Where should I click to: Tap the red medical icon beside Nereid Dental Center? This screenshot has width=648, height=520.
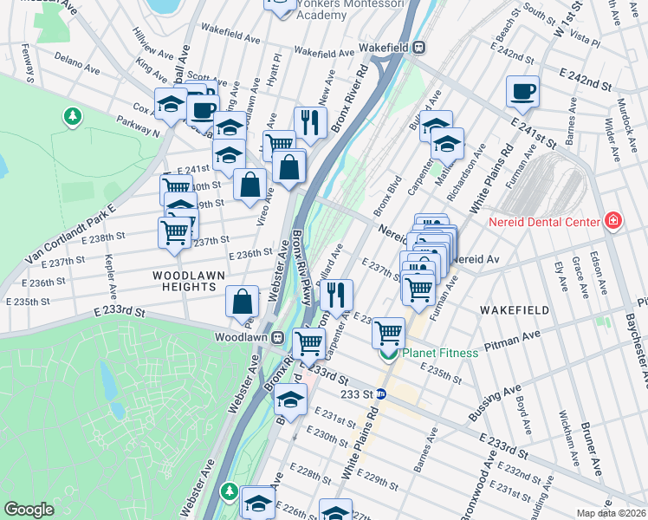tap(613, 221)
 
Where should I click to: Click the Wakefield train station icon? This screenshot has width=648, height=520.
tap(418, 48)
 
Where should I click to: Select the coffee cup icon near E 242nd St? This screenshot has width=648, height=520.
tap(522, 91)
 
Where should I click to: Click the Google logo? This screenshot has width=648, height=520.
tap(29, 509)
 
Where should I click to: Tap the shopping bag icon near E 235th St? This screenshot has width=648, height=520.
tap(243, 302)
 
